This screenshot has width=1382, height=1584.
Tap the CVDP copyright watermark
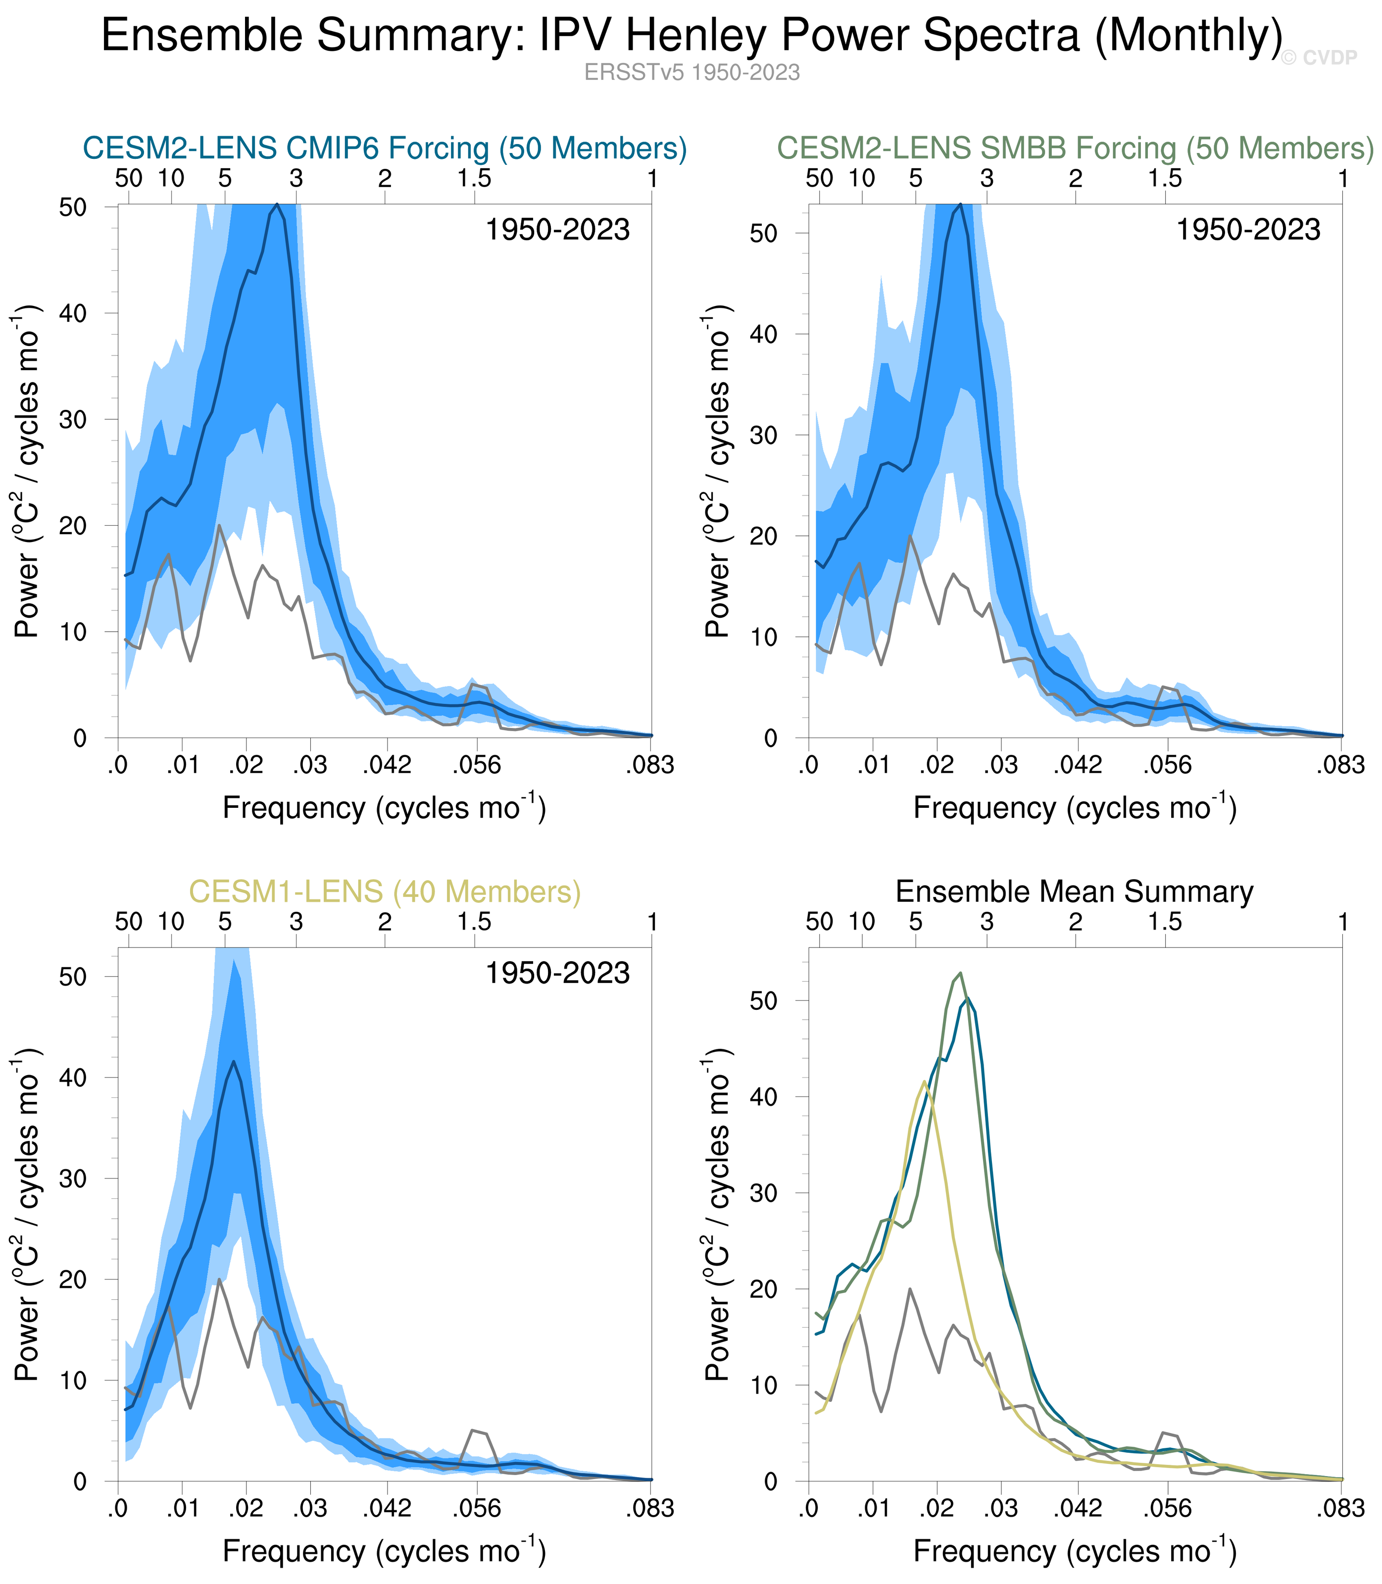(1318, 58)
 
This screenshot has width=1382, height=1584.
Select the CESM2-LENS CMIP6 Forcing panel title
(384, 148)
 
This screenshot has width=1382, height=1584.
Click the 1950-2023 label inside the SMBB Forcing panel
(1248, 230)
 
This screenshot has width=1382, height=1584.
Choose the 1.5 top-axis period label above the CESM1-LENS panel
(474, 922)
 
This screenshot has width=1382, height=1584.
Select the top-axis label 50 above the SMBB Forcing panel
(819, 179)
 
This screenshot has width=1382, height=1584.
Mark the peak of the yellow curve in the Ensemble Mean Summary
(924, 1081)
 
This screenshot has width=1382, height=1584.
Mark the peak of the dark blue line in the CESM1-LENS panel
(234, 1062)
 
